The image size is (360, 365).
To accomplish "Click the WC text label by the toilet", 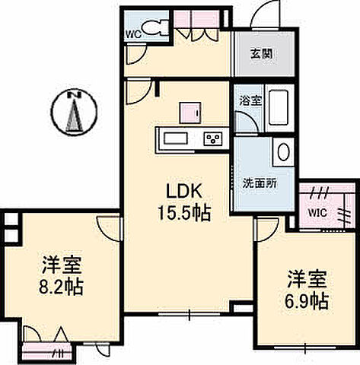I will click(131, 34).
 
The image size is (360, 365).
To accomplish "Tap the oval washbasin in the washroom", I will click(283, 151).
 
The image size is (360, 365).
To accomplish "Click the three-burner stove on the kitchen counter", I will click(212, 138).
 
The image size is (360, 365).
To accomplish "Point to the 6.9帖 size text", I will click(307, 300).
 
